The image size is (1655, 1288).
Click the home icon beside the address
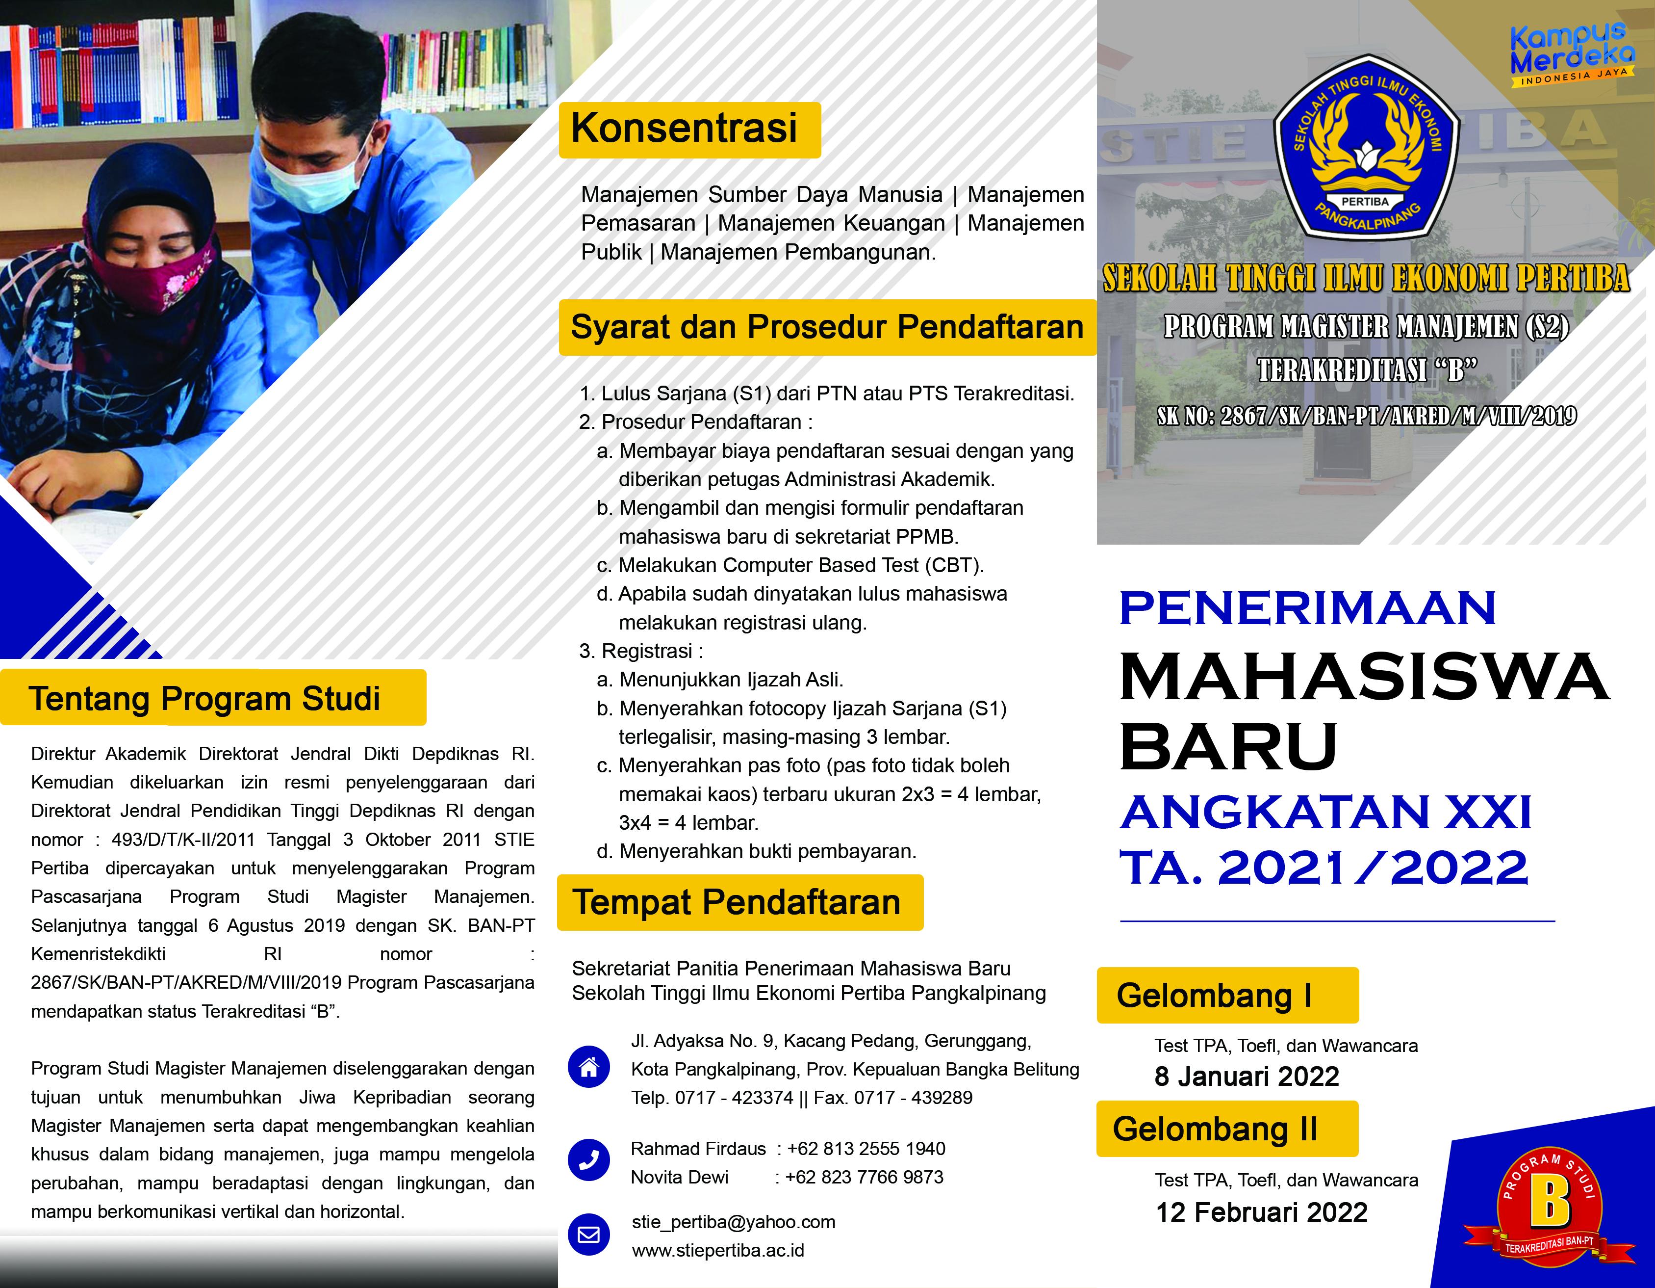tap(589, 1067)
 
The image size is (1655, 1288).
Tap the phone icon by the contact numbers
tap(589, 1160)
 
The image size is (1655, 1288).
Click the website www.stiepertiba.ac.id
tap(717, 1251)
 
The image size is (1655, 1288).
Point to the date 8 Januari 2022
tap(1247, 1077)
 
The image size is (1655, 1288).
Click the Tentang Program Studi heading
tap(204, 698)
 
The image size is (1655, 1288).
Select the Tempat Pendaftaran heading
tap(737, 902)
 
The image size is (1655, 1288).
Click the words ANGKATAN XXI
tap(1325, 812)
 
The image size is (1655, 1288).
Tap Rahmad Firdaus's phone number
tap(866, 1149)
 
